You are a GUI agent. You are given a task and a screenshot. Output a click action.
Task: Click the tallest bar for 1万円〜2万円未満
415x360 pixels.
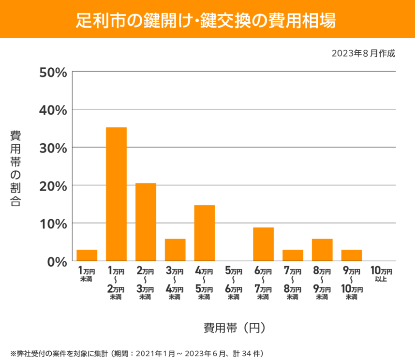pyautogui.click(x=116, y=194)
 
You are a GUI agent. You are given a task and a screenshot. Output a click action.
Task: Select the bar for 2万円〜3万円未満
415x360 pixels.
pyautogui.click(x=146, y=222)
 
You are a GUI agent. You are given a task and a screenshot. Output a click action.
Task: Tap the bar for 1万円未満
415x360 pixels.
pyautogui.click(x=87, y=255)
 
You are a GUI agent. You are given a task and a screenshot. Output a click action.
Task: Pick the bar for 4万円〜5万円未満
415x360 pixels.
pyautogui.click(x=205, y=233)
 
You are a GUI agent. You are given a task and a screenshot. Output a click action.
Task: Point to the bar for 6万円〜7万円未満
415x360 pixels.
pyautogui.click(x=264, y=244)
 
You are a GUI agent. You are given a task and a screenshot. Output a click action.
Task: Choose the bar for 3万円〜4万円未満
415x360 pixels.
pyautogui.click(x=175, y=250)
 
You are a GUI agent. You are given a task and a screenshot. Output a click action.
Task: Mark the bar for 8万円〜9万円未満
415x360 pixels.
pyautogui.click(x=322, y=250)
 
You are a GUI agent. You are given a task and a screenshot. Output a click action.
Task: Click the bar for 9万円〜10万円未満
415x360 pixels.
pyautogui.click(x=352, y=255)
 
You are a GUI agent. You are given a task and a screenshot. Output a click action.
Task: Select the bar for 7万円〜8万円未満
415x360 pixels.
pyautogui.click(x=293, y=255)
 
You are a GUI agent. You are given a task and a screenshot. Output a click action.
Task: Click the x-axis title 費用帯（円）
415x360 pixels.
pyautogui.click(x=235, y=328)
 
